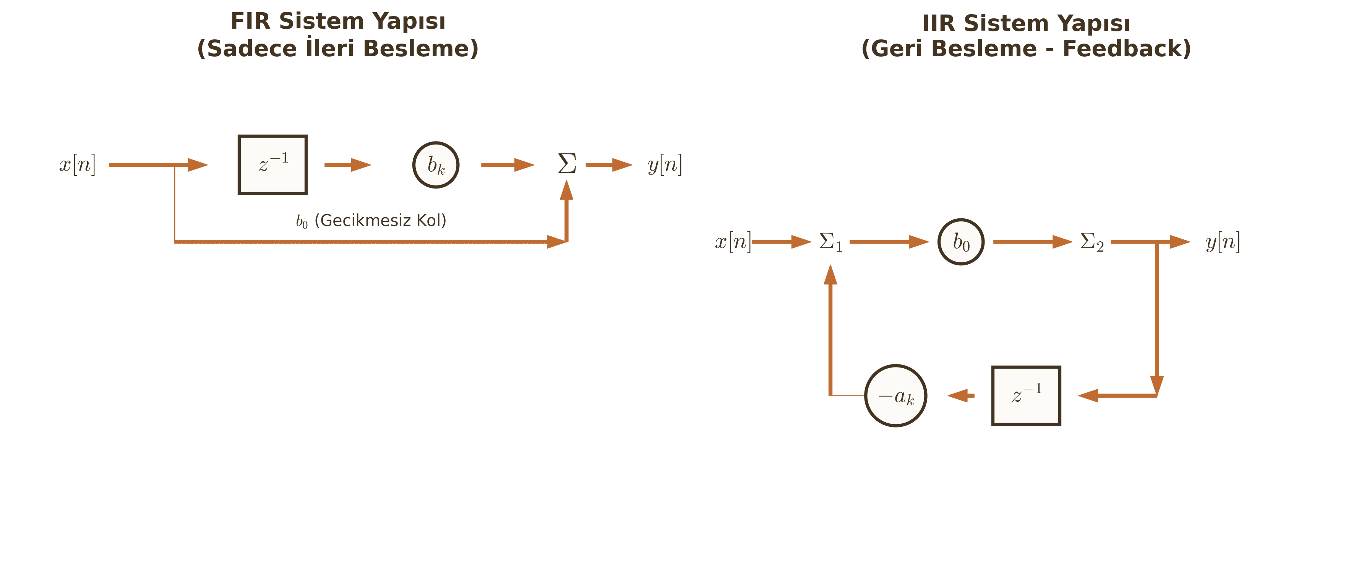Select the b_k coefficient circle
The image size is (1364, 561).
pos(435,165)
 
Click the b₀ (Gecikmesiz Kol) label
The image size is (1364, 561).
pos(371,220)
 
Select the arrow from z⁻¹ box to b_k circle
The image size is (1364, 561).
pos(347,165)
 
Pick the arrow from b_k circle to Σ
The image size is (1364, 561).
pos(507,165)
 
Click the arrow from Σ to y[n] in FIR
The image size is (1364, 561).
pos(608,165)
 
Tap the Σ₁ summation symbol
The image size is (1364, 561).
pos(830,242)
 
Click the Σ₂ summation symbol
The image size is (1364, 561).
pos(1092,242)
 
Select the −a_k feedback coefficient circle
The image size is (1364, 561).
pos(895,396)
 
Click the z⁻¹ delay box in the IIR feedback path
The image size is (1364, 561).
pos(1026,396)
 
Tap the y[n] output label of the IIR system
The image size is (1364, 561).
pos(1223,242)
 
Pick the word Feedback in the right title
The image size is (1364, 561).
pos(1126,48)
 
